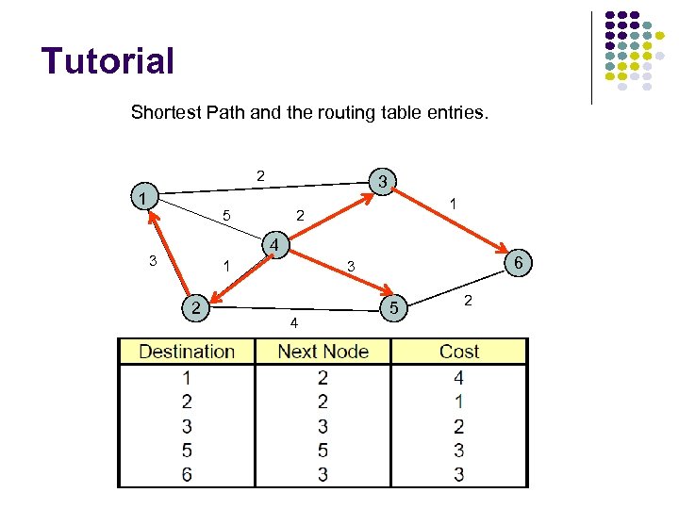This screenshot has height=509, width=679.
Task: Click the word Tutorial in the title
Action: click(x=108, y=61)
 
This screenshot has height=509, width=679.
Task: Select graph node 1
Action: click(x=141, y=199)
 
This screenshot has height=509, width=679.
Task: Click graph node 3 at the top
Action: click(x=382, y=180)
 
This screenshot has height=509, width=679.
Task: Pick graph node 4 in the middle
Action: click(x=273, y=246)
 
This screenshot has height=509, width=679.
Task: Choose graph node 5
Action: click(x=395, y=307)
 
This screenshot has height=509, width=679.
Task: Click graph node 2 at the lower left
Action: click(x=194, y=307)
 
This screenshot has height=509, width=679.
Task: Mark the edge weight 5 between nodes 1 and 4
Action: click(x=226, y=216)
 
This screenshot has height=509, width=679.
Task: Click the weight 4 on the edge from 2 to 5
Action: click(x=294, y=324)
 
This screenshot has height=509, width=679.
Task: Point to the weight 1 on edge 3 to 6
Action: click(x=454, y=204)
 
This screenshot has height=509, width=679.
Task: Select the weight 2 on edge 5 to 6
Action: click(x=468, y=300)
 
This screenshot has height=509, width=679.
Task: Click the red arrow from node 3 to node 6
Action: click(x=453, y=222)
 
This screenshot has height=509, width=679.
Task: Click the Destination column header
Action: click(x=187, y=352)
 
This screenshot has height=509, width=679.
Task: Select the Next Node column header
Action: click(x=323, y=352)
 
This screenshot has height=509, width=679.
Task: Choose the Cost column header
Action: click(x=459, y=352)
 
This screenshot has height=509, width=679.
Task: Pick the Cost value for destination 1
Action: click(x=459, y=378)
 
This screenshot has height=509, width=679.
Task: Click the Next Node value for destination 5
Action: click(x=323, y=451)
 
